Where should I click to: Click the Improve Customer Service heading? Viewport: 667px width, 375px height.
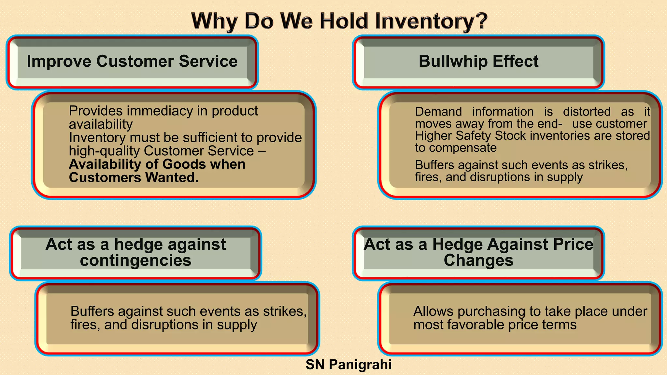(132, 61)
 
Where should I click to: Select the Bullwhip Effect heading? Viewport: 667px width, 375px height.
(478, 61)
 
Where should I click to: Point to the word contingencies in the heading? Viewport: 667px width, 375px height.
(135, 260)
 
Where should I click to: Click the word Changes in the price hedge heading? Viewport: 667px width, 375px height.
(478, 260)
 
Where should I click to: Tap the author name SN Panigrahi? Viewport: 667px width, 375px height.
(348, 365)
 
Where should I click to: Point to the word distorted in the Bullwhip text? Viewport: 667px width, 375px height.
(587, 112)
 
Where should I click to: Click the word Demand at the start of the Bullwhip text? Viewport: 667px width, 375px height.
(438, 112)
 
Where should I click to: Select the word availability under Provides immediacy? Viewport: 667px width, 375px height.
(101, 124)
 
